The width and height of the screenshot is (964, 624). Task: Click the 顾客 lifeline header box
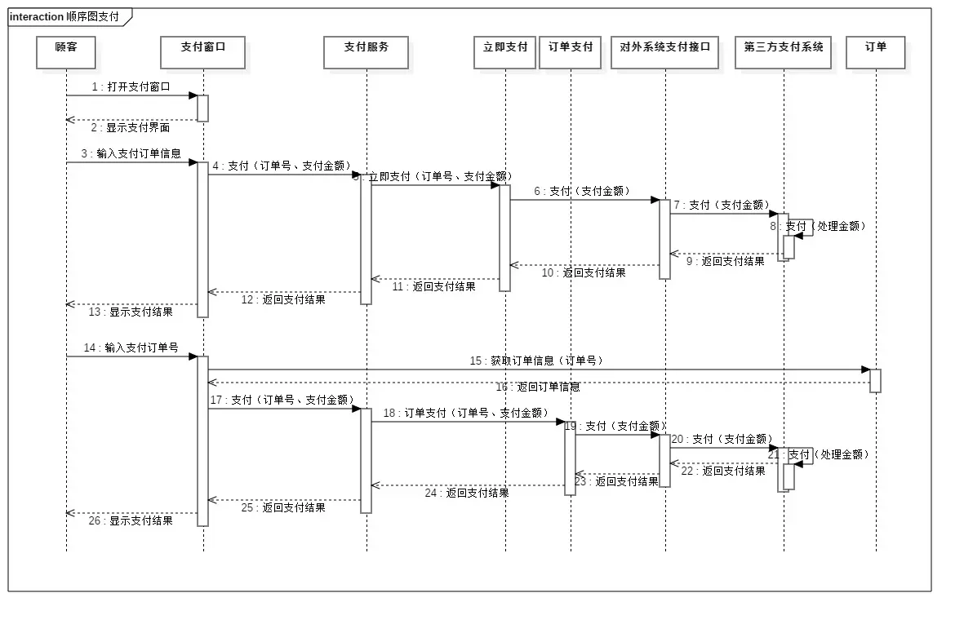click(x=67, y=52)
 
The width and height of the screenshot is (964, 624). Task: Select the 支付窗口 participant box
click(x=203, y=52)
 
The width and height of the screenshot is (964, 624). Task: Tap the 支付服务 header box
click(x=366, y=52)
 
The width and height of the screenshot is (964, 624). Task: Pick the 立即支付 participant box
click(x=505, y=52)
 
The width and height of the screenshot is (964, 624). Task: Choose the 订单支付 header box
click(x=571, y=52)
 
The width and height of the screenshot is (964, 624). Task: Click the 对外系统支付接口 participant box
click(x=665, y=52)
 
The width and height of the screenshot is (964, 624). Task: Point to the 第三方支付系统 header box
click(x=784, y=52)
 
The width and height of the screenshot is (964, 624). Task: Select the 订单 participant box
click(x=876, y=52)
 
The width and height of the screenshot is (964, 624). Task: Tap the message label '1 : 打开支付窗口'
click(x=131, y=86)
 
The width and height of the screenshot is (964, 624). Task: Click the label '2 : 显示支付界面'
click(x=131, y=128)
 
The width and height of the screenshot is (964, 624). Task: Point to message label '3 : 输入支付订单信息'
click(x=131, y=153)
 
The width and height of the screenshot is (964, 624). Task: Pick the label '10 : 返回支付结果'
click(x=584, y=273)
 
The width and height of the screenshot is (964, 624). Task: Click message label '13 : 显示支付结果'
click(x=131, y=312)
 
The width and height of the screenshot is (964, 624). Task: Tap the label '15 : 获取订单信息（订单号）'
click(x=535, y=361)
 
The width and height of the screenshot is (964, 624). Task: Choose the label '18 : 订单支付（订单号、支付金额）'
click(x=466, y=414)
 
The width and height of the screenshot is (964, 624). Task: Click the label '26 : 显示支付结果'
click(x=131, y=520)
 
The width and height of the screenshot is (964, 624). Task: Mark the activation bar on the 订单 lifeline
click(x=875, y=381)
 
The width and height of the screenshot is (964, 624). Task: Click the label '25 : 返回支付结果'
click(x=283, y=507)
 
